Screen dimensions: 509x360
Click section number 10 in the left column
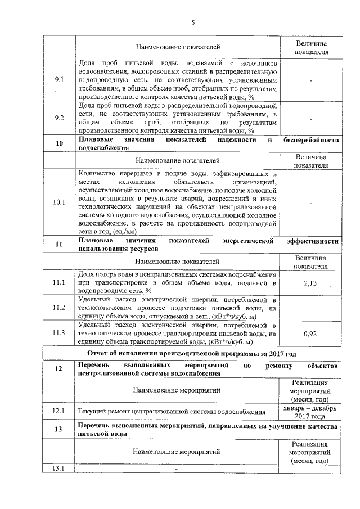pyautogui.click(x=59, y=143)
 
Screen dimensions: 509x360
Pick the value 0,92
pyautogui.click(x=310, y=334)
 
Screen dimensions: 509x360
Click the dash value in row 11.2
pyautogui.click(x=310, y=308)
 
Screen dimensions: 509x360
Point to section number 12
pyautogui.click(x=59, y=369)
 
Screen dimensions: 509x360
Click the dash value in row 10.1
pyautogui.click(x=310, y=202)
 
